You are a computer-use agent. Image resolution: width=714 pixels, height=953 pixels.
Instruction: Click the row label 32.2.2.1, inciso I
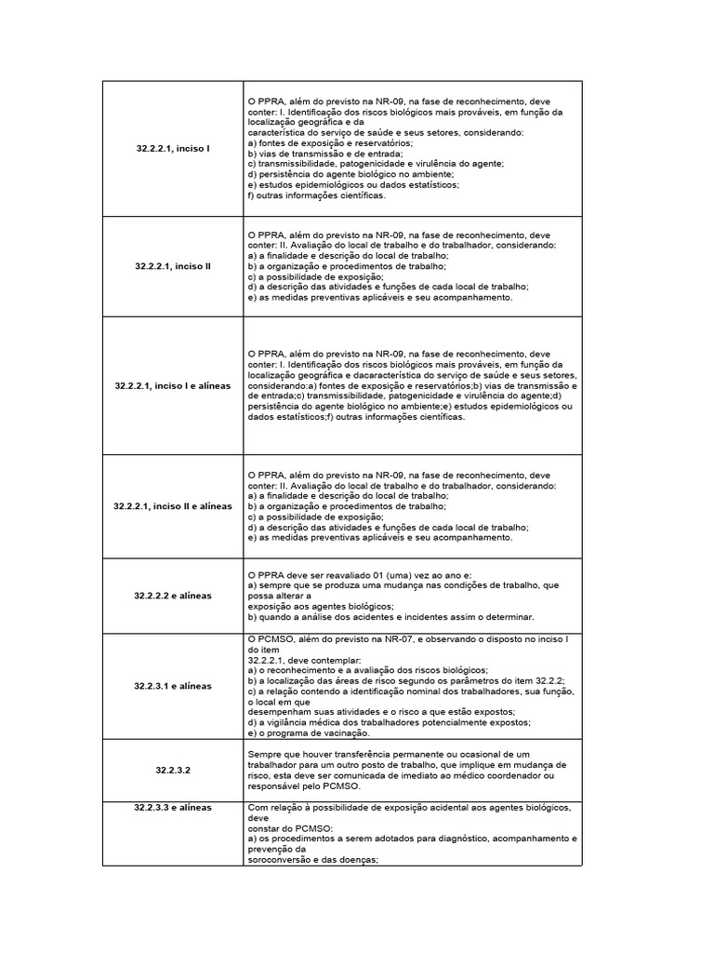coord(173,149)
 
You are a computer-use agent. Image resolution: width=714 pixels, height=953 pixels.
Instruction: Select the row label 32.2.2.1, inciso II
coord(173,266)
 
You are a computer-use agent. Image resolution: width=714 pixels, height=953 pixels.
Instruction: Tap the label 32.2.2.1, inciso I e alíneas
coord(173,385)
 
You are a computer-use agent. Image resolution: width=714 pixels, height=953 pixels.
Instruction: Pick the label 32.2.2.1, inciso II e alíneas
coord(173,505)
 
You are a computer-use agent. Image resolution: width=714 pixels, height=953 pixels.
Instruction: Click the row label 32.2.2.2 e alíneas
coord(173,595)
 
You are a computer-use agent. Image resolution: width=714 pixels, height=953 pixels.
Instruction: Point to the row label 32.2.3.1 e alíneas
coord(173,686)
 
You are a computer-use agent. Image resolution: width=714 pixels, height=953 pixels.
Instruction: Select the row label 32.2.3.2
coord(173,771)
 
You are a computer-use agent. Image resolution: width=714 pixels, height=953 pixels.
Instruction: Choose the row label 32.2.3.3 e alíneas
coord(173,807)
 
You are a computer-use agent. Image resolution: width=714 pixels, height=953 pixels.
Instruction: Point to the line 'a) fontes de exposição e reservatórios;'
coord(330,142)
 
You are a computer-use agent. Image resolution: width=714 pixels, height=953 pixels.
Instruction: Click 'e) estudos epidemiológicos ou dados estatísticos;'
coord(353,184)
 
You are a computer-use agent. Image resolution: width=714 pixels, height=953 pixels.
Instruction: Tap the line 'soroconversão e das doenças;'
coord(312,860)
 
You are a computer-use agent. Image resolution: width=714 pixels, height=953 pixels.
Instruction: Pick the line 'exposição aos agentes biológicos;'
coord(322,606)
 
